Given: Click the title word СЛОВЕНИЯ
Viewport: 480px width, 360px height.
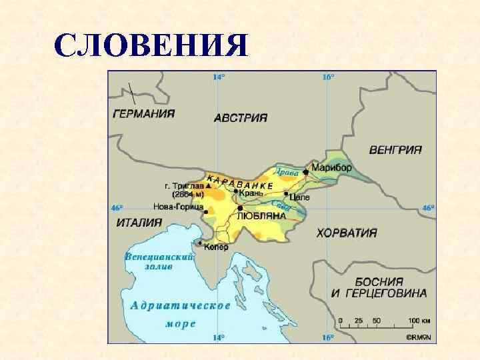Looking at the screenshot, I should (151, 46).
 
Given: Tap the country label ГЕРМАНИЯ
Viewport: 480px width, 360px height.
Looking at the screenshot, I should (144, 113).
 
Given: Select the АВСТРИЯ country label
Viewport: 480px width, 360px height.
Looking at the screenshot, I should (241, 117).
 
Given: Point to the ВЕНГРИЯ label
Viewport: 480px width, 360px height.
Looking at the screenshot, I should (395, 150).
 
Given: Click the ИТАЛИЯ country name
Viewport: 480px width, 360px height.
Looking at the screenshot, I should (139, 223).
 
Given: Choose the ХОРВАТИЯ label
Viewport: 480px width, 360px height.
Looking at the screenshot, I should (347, 233).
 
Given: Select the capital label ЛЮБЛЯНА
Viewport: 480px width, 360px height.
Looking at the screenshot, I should (261, 216).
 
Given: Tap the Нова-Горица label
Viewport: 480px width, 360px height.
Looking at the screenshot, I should (178, 207).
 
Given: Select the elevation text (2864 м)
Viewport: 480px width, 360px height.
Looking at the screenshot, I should (187, 195).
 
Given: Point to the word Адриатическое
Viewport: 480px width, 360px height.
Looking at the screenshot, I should (181, 305).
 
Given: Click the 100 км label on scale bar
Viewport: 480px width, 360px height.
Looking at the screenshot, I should (415, 321).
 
